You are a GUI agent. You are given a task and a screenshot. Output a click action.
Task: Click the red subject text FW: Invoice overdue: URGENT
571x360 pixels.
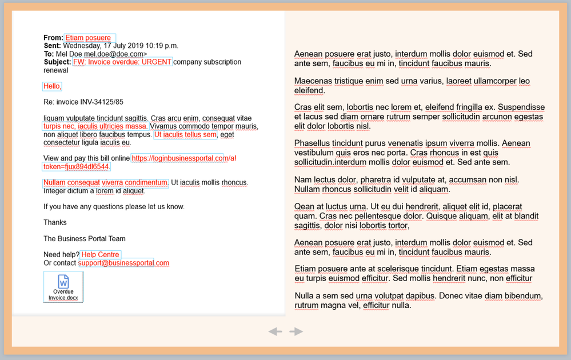coord(122,62)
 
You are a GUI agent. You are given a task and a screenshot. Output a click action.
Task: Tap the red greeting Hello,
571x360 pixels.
coord(52,86)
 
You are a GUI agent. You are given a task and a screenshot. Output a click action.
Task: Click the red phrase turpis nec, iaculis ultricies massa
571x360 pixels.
coord(95,126)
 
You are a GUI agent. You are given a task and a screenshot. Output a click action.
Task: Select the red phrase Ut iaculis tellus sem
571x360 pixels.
coord(185,135)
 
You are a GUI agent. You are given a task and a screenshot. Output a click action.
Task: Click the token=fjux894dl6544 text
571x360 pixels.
coord(77,167)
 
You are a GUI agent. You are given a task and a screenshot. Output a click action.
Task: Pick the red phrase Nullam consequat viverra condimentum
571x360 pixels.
coord(106,183)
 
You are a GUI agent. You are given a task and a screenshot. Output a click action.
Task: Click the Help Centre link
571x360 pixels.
coord(101,255)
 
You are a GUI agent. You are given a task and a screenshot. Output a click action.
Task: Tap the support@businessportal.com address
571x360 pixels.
coord(124,263)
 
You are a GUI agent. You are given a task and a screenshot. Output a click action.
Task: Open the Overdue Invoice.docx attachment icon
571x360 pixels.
coord(63,286)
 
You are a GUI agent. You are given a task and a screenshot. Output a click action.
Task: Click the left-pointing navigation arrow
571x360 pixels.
coord(275,331)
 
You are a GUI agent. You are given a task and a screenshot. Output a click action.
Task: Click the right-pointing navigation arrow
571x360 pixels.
coord(296,331)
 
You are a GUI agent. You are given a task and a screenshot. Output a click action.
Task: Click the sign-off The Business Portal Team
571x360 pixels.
coord(85,239)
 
